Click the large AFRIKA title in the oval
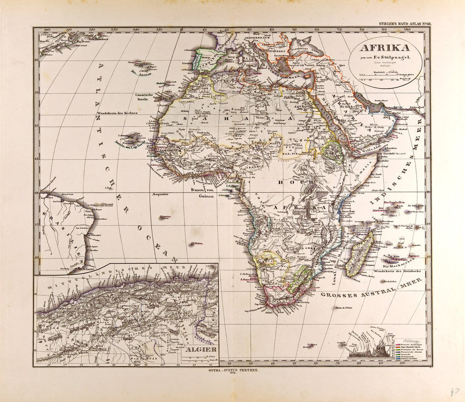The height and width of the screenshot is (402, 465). (x=384, y=49)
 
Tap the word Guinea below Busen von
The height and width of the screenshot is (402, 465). (x=207, y=197)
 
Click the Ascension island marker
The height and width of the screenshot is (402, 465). (x=164, y=218)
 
